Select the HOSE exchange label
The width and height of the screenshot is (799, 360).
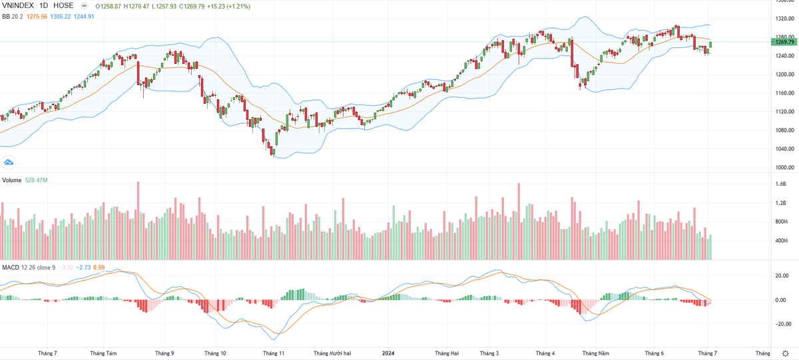(63, 5)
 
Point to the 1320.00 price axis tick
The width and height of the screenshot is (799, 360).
(784, 18)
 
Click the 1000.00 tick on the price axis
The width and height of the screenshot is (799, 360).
(784, 167)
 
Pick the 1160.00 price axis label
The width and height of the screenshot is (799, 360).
(784, 92)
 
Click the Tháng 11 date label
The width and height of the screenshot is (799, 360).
(274, 353)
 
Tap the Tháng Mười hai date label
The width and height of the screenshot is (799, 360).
(331, 353)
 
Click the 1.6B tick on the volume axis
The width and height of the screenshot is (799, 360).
(781, 184)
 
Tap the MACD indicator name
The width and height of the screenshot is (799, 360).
(11, 268)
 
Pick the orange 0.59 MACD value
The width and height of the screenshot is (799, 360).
(99, 268)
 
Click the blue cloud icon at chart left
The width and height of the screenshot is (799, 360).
(9, 161)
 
